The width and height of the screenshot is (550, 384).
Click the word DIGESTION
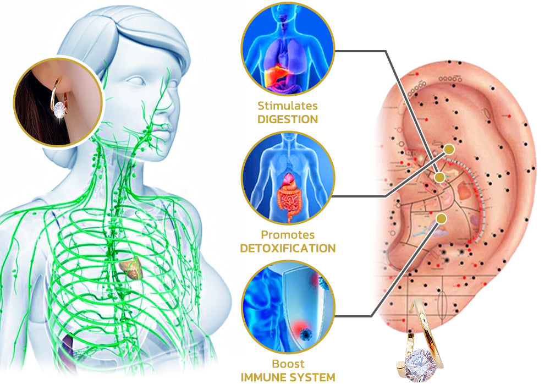(x=288, y=119)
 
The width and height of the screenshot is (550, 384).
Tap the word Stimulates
(x=288, y=106)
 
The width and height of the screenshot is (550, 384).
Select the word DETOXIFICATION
(x=288, y=248)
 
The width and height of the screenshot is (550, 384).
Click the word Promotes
(x=288, y=235)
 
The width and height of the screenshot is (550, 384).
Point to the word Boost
(x=288, y=364)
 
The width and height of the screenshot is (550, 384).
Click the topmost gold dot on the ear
(x=449, y=150)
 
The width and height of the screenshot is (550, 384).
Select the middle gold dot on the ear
(x=439, y=178)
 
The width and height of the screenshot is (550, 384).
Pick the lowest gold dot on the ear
(x=442, y=218)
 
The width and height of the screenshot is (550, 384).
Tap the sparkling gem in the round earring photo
(x=60, y=109)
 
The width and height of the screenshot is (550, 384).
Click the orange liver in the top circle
(x=276, y=76)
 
